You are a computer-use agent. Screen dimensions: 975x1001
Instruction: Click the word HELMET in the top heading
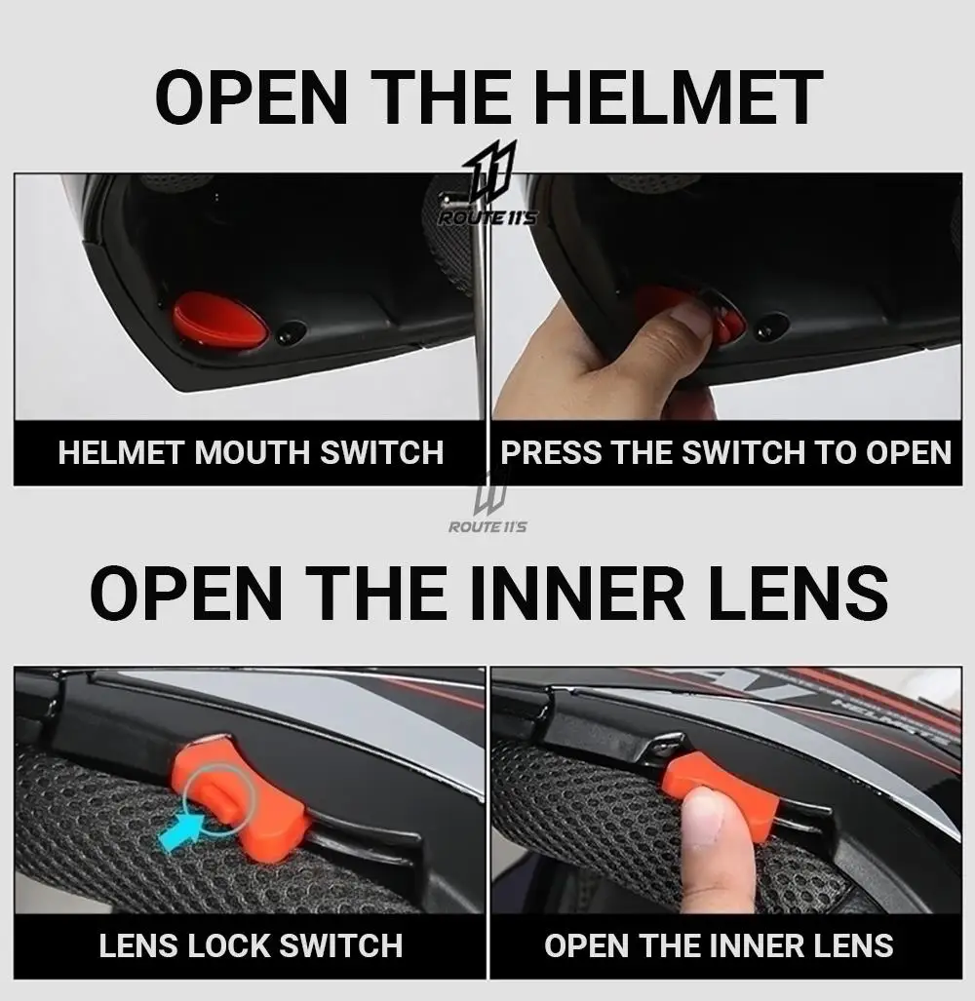(682, 97)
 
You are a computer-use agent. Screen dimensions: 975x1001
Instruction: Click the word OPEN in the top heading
(252, 97)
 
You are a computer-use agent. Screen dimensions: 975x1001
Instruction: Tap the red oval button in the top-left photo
(220, 321)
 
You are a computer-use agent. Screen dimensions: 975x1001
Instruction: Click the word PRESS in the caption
(551, 452)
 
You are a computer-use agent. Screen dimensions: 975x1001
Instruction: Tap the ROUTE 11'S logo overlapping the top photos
(487, 184)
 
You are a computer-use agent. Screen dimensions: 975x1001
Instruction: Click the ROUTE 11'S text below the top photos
(487, 526)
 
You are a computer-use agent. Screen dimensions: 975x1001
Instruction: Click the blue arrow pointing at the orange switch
(182, 831)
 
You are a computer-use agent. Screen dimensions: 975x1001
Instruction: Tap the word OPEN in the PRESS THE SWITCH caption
(909, 452)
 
